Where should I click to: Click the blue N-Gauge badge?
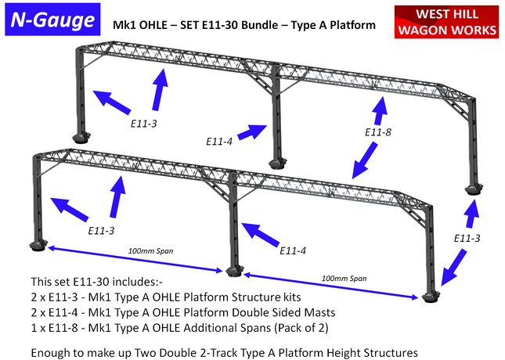coord(52,21)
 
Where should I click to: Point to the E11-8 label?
coord(378,132)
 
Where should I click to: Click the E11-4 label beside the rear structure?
coord(219,142)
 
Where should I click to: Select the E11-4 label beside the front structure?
coord(293,251)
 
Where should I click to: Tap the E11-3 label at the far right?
coord(468,237)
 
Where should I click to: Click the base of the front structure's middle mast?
coord(233,272)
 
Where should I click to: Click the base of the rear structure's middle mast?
coord(276,164)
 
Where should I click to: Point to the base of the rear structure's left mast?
coord(81,139)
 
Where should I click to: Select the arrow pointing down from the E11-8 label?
coord(366,164)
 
